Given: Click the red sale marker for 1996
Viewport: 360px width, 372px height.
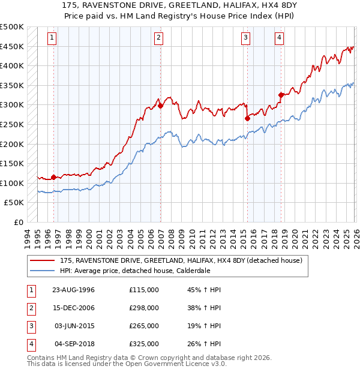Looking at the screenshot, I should coord(53,177).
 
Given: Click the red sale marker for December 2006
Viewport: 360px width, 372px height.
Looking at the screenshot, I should coord(161,106).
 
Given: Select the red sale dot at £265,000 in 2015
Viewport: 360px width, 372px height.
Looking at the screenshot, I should coord(247,119).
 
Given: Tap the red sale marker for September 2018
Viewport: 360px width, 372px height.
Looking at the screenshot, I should coord(281,95).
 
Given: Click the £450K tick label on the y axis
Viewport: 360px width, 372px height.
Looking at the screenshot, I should coord(12,46).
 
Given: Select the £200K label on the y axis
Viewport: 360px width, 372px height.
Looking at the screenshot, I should coord(12,144).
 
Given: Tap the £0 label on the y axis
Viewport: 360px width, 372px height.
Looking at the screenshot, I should coord(18,222).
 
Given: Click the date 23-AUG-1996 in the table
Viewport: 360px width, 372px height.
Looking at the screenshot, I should coord(73,290).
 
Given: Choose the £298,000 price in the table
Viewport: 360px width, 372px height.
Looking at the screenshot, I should coord(144,308).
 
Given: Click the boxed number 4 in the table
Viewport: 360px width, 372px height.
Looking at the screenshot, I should coord(30,344).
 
